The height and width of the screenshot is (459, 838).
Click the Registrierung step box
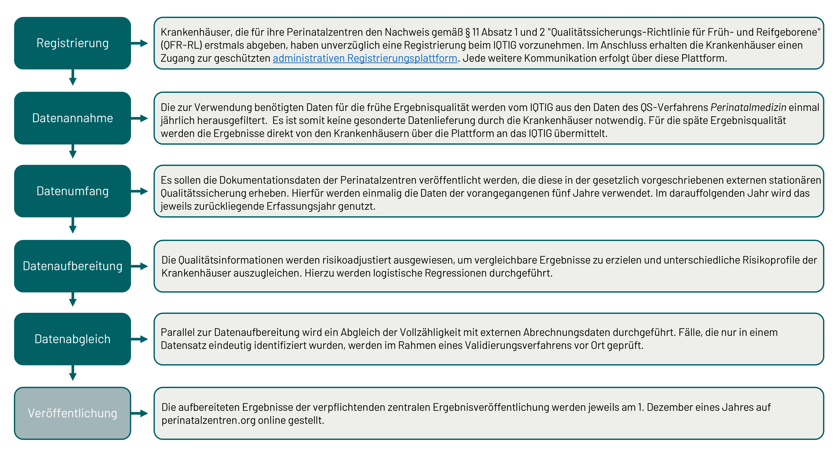pos(72,43)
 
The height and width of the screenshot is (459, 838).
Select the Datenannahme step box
pos(72,118)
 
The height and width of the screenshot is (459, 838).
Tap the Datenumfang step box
pos(72,191)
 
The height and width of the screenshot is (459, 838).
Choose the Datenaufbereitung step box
pos(72,266)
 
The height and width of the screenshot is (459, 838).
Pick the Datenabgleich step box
pos(72,339)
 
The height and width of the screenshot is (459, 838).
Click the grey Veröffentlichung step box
pos(72,413)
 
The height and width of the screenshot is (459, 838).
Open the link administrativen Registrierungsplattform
pos(365,58)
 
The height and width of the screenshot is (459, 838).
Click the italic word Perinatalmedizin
pos(748,107)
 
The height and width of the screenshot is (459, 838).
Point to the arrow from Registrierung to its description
pos(140,43)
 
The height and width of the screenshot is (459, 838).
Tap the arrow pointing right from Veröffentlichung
pos(140,413)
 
